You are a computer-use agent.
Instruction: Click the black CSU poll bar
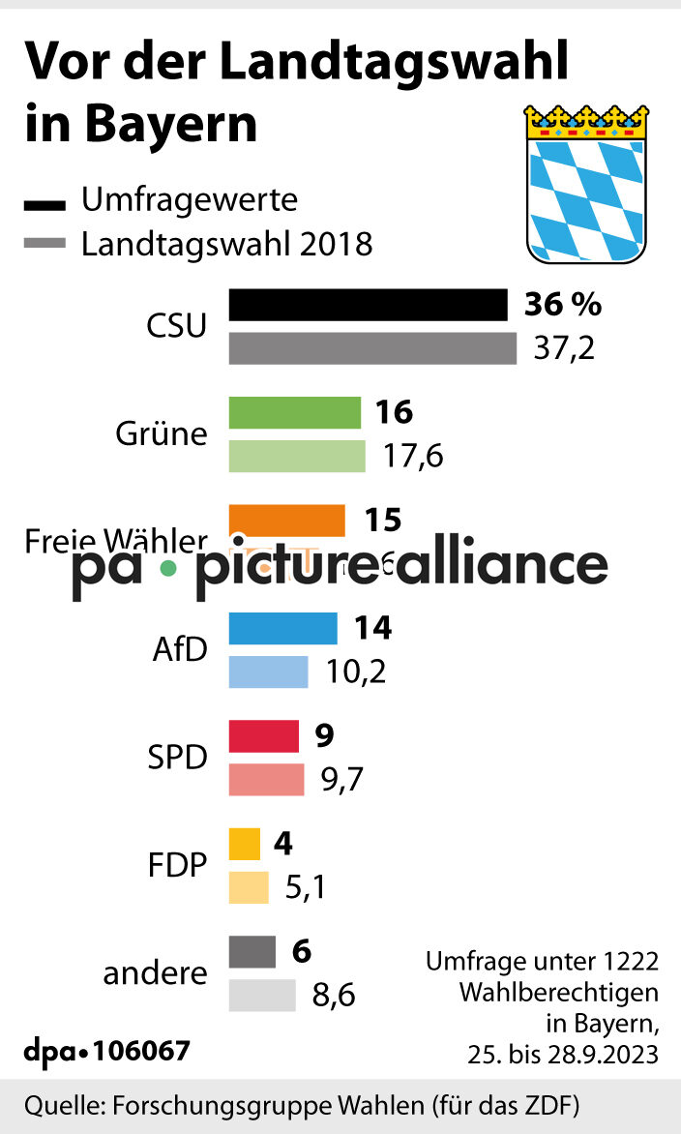[x=368, y=305]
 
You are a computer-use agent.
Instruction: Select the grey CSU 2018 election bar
[x=372, y=348]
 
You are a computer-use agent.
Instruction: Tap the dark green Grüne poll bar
[x=294, y=413]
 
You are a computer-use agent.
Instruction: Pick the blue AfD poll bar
[x=282, y=629]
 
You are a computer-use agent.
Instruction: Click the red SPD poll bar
[x=263, y=736]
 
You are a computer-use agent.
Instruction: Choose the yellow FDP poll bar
[x=244, y=844]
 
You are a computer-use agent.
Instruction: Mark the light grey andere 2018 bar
[x=261, y=996]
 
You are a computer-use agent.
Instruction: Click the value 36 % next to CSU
[x=562, y=305]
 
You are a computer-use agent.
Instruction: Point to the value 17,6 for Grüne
[x=413, y=456]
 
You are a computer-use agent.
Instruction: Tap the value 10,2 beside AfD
[x=355, y=671]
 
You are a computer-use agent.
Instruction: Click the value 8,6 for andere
[x=334, y=996]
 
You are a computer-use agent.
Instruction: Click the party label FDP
[x=178, y=864]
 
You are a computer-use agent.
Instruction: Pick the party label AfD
[x=180, y=649]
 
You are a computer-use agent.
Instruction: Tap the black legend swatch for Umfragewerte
[x=44, y=204]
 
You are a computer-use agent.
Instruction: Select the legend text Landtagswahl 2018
[x=226, y=243]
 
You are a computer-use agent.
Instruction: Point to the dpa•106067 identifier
[x=106, y=1050]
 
